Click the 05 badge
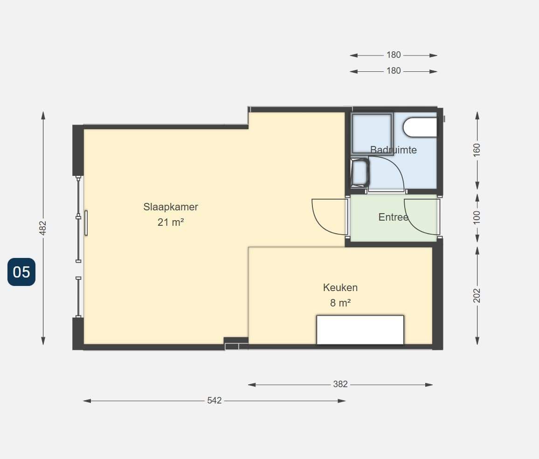(x=21, y=272)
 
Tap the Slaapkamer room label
(x=171, y=207)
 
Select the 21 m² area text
(x=171, y=223)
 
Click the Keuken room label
(x=340, y=287)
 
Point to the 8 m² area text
(x=340, y=303)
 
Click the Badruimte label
(x=393, y=150)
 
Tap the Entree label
(x=393, y=217)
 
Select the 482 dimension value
(x=42, y=228)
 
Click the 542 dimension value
(x=214, y=401)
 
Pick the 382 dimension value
(x=340, y=384)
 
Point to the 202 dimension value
(x=477, y=296)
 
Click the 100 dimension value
(x=477, y=218)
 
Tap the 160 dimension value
(x=477, y=150)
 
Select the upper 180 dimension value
(x=394, y=55)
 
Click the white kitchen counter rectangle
(x=360, y=330)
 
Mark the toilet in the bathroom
(x=420, y=127)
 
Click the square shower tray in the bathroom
(x=372, y=133)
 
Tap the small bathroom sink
(x=359, y=172)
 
